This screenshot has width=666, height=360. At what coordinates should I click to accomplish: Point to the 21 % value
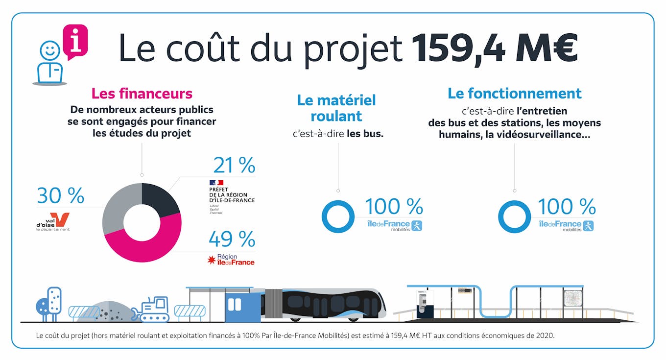234,166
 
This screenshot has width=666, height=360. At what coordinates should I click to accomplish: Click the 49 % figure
232,239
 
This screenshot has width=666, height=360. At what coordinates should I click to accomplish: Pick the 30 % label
61,196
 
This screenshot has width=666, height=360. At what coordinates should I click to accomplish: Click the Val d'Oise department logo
53,222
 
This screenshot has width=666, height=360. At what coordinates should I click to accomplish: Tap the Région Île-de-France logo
231,260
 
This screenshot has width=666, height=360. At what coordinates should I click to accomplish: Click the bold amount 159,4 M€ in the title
495,48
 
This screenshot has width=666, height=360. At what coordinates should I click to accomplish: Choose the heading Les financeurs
142,93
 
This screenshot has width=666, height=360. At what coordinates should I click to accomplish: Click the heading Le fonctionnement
514,93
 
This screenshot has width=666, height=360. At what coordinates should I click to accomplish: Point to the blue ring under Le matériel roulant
338,216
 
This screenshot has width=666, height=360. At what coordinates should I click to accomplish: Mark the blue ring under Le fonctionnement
514,216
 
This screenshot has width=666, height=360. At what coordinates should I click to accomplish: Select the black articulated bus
323,304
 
